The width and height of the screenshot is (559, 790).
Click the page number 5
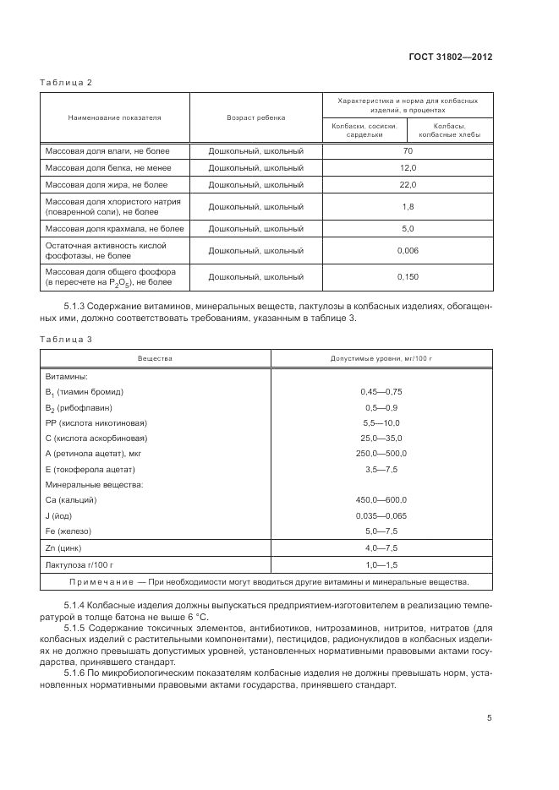pos(490,718)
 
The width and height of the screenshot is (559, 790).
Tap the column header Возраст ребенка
pos(255,117)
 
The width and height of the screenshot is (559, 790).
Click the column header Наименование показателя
pos(114,117)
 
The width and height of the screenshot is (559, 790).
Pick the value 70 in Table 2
pos(408,150)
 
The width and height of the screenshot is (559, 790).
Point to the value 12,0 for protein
pos(408,167)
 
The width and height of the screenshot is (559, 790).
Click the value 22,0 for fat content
pos(408,184)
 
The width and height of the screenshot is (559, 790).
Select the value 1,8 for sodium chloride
pos(408,206)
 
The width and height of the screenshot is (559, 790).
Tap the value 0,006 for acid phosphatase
pos(408,250)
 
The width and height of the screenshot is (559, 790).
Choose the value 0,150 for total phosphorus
pos(408,276)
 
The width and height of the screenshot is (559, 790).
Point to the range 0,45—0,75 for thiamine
pos(381,392)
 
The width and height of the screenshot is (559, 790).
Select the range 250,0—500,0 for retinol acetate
pos(381,453)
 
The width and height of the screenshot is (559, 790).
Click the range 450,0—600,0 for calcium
pos(381,499)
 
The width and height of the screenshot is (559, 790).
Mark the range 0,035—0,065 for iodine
pos(381,515)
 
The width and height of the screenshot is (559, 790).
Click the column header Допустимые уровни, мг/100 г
pos(381,359)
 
